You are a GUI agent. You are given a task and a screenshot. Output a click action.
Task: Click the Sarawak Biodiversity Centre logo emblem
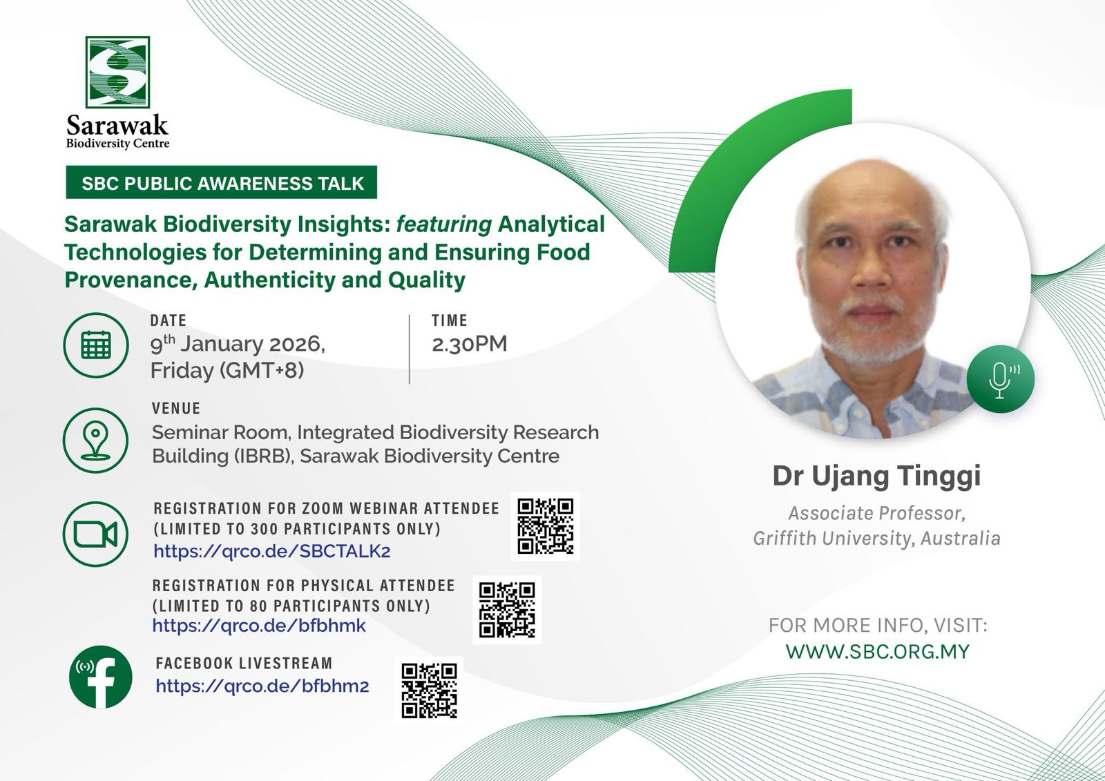click(117, 72)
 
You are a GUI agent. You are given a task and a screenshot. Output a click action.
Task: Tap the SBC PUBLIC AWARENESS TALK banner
click(222, 182)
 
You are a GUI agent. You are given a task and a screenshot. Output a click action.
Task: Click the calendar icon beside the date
click(96, 345)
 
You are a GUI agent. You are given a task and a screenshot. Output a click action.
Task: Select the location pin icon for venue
click(96, 440)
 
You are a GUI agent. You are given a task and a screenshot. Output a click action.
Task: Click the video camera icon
click(96, 534)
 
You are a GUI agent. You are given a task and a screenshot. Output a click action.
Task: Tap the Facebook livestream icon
click(101, 677)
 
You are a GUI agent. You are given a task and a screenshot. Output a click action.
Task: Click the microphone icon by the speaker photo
click(1001, 379)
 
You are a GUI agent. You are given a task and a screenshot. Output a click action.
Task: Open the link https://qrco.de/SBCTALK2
click(272, 550)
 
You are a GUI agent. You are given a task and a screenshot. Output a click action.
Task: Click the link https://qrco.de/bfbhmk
click(259, 626)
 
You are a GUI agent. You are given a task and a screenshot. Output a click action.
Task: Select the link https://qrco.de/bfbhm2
click(262, 686)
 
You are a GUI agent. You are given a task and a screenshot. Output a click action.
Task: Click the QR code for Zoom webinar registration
click(545, 526)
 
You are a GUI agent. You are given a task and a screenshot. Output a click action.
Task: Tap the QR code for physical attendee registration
click(507, 610)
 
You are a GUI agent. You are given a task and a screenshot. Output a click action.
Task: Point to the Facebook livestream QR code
click(429, 691)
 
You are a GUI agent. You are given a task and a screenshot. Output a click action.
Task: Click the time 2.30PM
click(469, 344)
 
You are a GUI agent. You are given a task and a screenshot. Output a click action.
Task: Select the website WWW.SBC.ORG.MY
click(878, 651)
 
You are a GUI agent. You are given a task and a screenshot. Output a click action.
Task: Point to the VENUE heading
click(176, 408)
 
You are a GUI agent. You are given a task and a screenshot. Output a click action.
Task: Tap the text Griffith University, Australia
click(876, 538)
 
